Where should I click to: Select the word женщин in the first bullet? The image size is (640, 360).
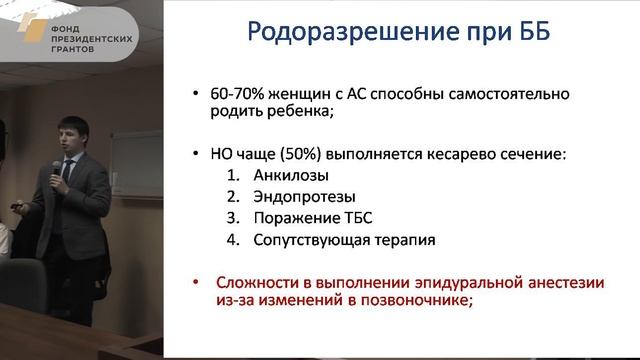tap(307, 94)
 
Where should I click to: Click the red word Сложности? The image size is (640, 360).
tap(251, 283)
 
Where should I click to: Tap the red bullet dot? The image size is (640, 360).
tap(195, 283)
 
